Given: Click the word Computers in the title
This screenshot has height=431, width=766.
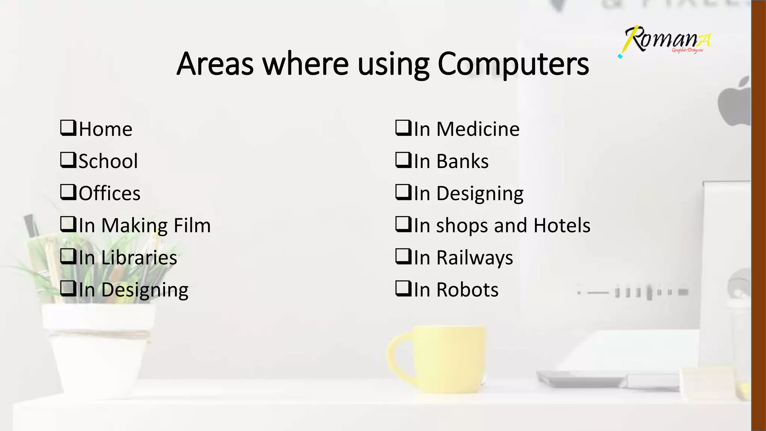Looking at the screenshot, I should (513, 64).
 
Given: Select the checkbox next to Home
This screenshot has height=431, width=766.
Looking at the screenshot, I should (68, 128).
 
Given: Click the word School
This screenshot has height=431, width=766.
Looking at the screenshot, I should (108, 161).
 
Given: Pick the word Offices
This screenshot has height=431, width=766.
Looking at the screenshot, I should (110, 193).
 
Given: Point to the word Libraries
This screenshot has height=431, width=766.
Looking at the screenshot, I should (139, 258).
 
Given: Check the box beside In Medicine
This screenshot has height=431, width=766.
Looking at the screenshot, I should (403, 128).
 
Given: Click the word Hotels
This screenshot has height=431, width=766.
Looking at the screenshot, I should (562, 226).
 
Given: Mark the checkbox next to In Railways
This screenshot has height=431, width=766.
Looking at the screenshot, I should (403, 257).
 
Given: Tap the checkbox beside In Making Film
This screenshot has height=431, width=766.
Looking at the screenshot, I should (68, 224).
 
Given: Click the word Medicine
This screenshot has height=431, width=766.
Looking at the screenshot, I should (478, 129).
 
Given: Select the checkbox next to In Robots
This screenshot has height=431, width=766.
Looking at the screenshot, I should (403, 289).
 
